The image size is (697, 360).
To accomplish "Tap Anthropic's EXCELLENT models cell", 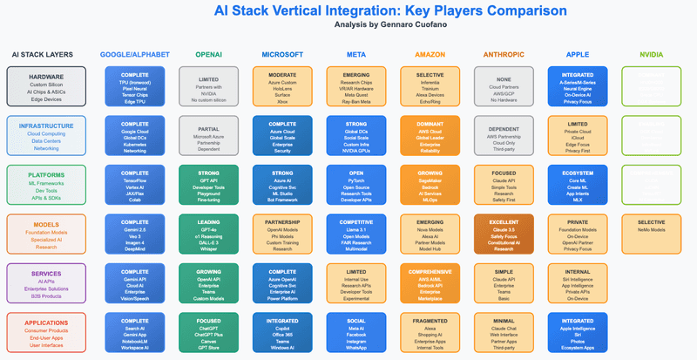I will tap(504, 234).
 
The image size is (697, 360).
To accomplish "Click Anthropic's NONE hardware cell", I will tap(504, 87).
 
